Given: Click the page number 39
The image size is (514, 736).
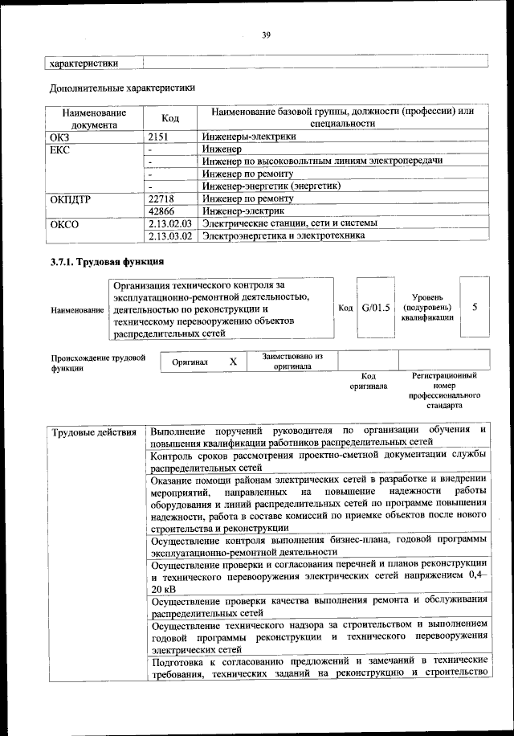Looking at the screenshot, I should pos(266,34).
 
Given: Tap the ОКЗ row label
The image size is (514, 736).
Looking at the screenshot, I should pos(60,137).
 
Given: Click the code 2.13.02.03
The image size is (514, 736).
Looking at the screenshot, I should pos(171,223).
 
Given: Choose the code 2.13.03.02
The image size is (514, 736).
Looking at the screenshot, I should pos(171,235).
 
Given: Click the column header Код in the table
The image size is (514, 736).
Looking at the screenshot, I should pos(170,118).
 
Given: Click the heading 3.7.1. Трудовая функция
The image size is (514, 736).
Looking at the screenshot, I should pos(107,262).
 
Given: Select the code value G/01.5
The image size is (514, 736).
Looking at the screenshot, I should pos(375,308).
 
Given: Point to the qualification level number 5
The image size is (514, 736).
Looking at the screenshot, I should pos(475,307).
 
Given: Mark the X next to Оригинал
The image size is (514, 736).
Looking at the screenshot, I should pos(233,362).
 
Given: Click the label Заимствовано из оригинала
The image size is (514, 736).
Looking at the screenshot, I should pos(292,361).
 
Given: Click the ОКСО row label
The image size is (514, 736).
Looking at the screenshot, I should pos(65,223).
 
